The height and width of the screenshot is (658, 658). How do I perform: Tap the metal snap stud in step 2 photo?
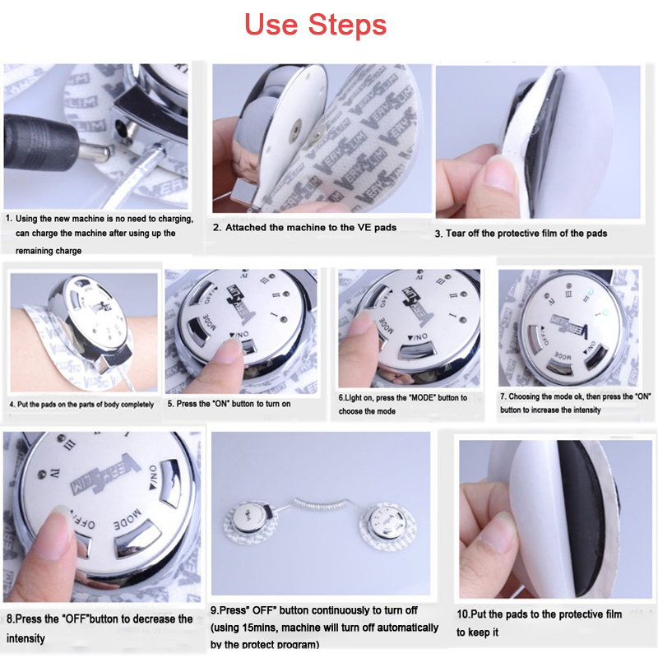[294, 129]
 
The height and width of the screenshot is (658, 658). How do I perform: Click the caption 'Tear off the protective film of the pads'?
[521, 234]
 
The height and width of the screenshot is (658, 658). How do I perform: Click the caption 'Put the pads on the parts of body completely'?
[81, 405]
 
